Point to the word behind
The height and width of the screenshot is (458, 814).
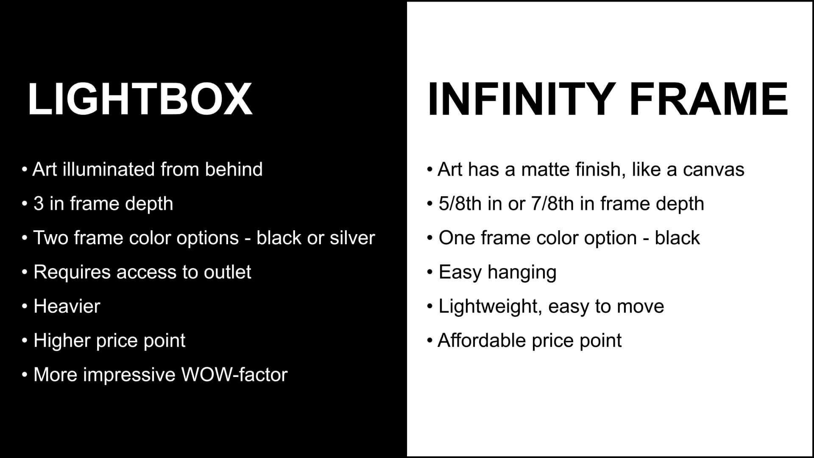point(234,169)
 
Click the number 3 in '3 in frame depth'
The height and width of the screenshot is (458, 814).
point(39,204)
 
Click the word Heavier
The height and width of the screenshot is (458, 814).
point(67,306)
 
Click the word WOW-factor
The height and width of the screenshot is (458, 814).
point(234,375)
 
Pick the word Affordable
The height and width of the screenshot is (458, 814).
point(481,341)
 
